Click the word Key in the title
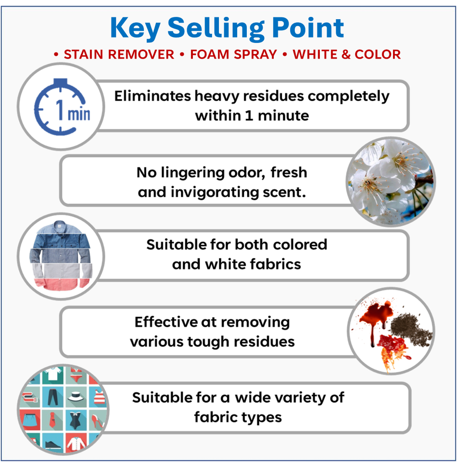(x=136, y=28)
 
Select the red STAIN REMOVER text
(x=119, y=54)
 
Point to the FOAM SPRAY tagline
(x=233, y=54)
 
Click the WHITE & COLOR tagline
(x=346, y=54)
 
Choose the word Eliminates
(x=152, y=96)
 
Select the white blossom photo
(x=390, y=181)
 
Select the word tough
(x=213, y=341)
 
